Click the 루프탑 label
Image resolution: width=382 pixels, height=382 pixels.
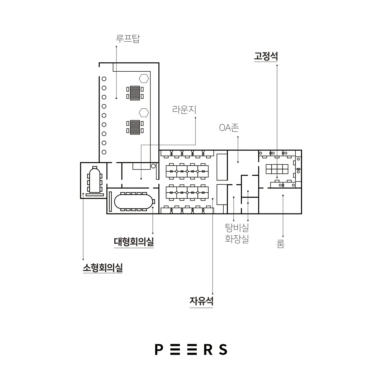pyautogui.click(x=128, y=39)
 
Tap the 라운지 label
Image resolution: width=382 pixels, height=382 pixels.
pyautogui.click(x=184, y=110)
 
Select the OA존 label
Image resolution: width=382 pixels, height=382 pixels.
pyautogui.click(x=229, y=128)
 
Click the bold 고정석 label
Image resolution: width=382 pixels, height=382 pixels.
pyautogui.click(x=266, y=56)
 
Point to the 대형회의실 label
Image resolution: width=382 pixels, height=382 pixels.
pyautogui.click(x=134, y=242)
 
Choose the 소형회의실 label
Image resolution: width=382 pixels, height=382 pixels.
pyautogui.click(x=103, y=268)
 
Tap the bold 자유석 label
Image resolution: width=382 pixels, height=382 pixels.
pyautogui.click(x=201, y=301)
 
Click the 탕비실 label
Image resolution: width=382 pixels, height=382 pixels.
pyautogui.click(x=237, y=227)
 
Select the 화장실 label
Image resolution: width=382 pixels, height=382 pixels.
pyautogui.click(x=237, y=239)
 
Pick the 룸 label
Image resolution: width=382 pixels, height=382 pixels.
pyautogui.click(x=280, y=244)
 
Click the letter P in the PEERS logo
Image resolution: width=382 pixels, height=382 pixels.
pyautogui.click(x=159, y=350)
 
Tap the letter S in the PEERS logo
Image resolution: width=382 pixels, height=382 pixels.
pyautogui.click(x=223, y=350)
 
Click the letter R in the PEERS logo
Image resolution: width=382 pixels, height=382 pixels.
pyautogui.click(x=208, y=350)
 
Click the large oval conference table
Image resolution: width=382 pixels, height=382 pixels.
pyautogui.click(x=133, y=202)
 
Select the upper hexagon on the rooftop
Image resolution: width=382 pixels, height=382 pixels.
pyautogui.click(x=144, y=78)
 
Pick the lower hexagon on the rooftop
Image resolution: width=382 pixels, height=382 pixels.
pyautogui.click(x=144, y=113)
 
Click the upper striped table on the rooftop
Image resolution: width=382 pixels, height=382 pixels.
pyautogui.click(x=135, y=93)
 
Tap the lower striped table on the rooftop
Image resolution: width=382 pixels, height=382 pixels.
pyautogui.click(x=135, y=127)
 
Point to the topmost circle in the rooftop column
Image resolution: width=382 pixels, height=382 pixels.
pyautogui.click(x=104, y=79)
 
